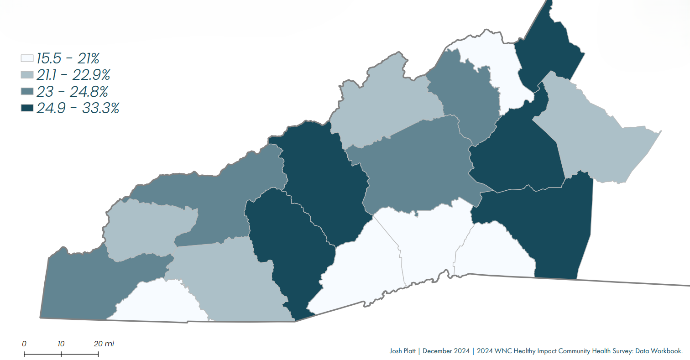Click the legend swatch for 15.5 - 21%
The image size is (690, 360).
coord(27,58)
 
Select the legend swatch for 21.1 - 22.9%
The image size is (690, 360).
coord(27,75)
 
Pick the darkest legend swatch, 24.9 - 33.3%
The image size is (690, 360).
coord(27,109)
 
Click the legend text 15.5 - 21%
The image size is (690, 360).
coord(68,58)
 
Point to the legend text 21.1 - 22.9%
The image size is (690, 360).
coord(73,75)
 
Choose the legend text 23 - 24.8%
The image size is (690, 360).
coord(72,92)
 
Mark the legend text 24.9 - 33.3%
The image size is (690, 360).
coord(78,109)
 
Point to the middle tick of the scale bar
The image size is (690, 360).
coord(61,354)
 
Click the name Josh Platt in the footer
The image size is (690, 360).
coord(402,351)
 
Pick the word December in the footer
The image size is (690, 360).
coord(437,351)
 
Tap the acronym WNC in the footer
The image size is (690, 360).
coord(499,351)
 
